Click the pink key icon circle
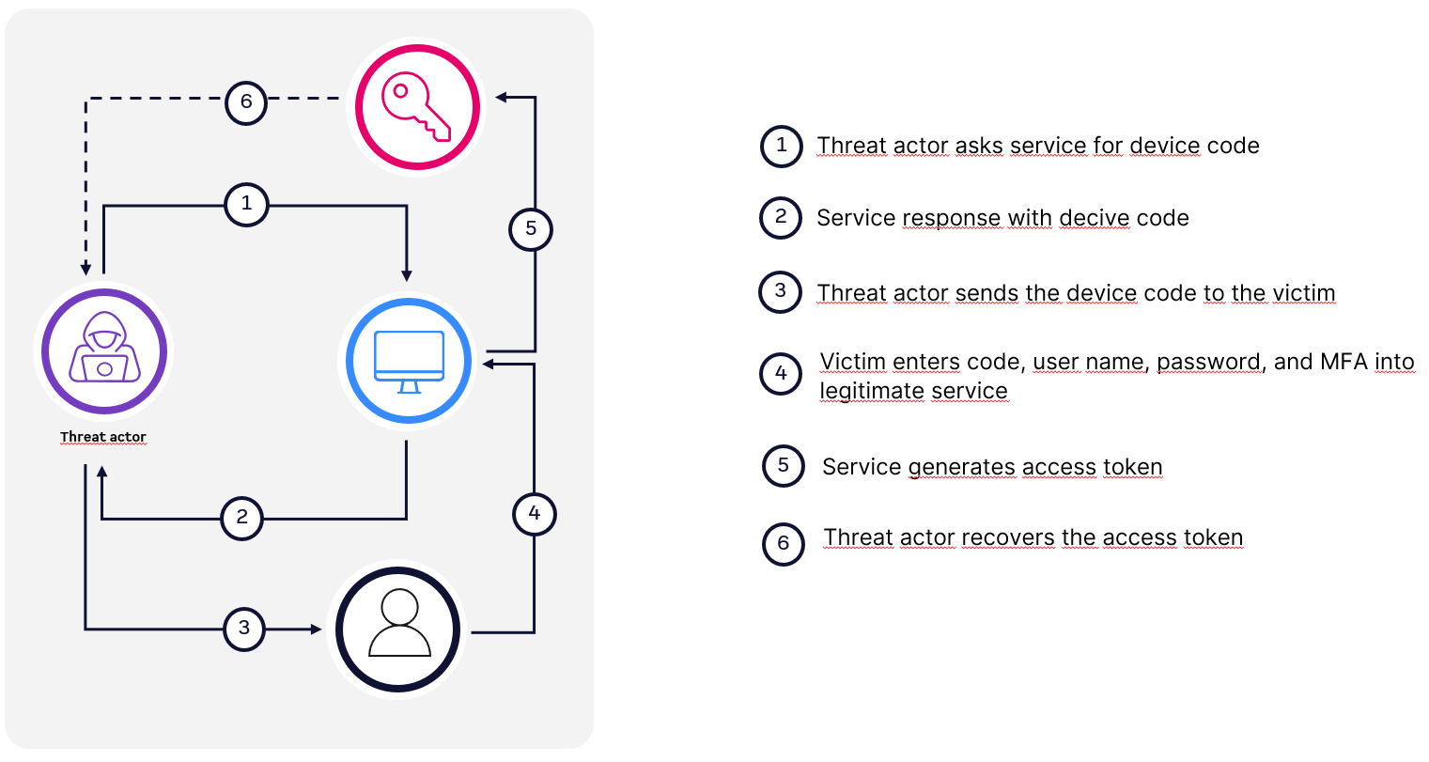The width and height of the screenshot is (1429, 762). click(417, 106)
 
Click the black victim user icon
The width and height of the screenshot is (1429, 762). click(398, 630)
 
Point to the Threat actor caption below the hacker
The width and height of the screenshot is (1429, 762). click(103, 437)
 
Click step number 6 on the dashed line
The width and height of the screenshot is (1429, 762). click(246, 102)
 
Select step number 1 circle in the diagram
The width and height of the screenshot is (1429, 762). click(246, 204)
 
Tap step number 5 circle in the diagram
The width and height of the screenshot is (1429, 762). click(531, 229)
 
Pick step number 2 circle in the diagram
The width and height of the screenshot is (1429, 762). click(241, 518)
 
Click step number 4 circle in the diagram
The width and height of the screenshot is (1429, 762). click(535, 514)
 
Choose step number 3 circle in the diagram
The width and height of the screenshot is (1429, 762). click(244, 629)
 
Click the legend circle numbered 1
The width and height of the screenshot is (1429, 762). click(782, 147)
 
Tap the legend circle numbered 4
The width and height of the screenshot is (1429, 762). click(781, 374)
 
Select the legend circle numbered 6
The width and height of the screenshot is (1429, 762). click(784, 544)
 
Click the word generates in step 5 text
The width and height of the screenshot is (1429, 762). click(961, 468)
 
